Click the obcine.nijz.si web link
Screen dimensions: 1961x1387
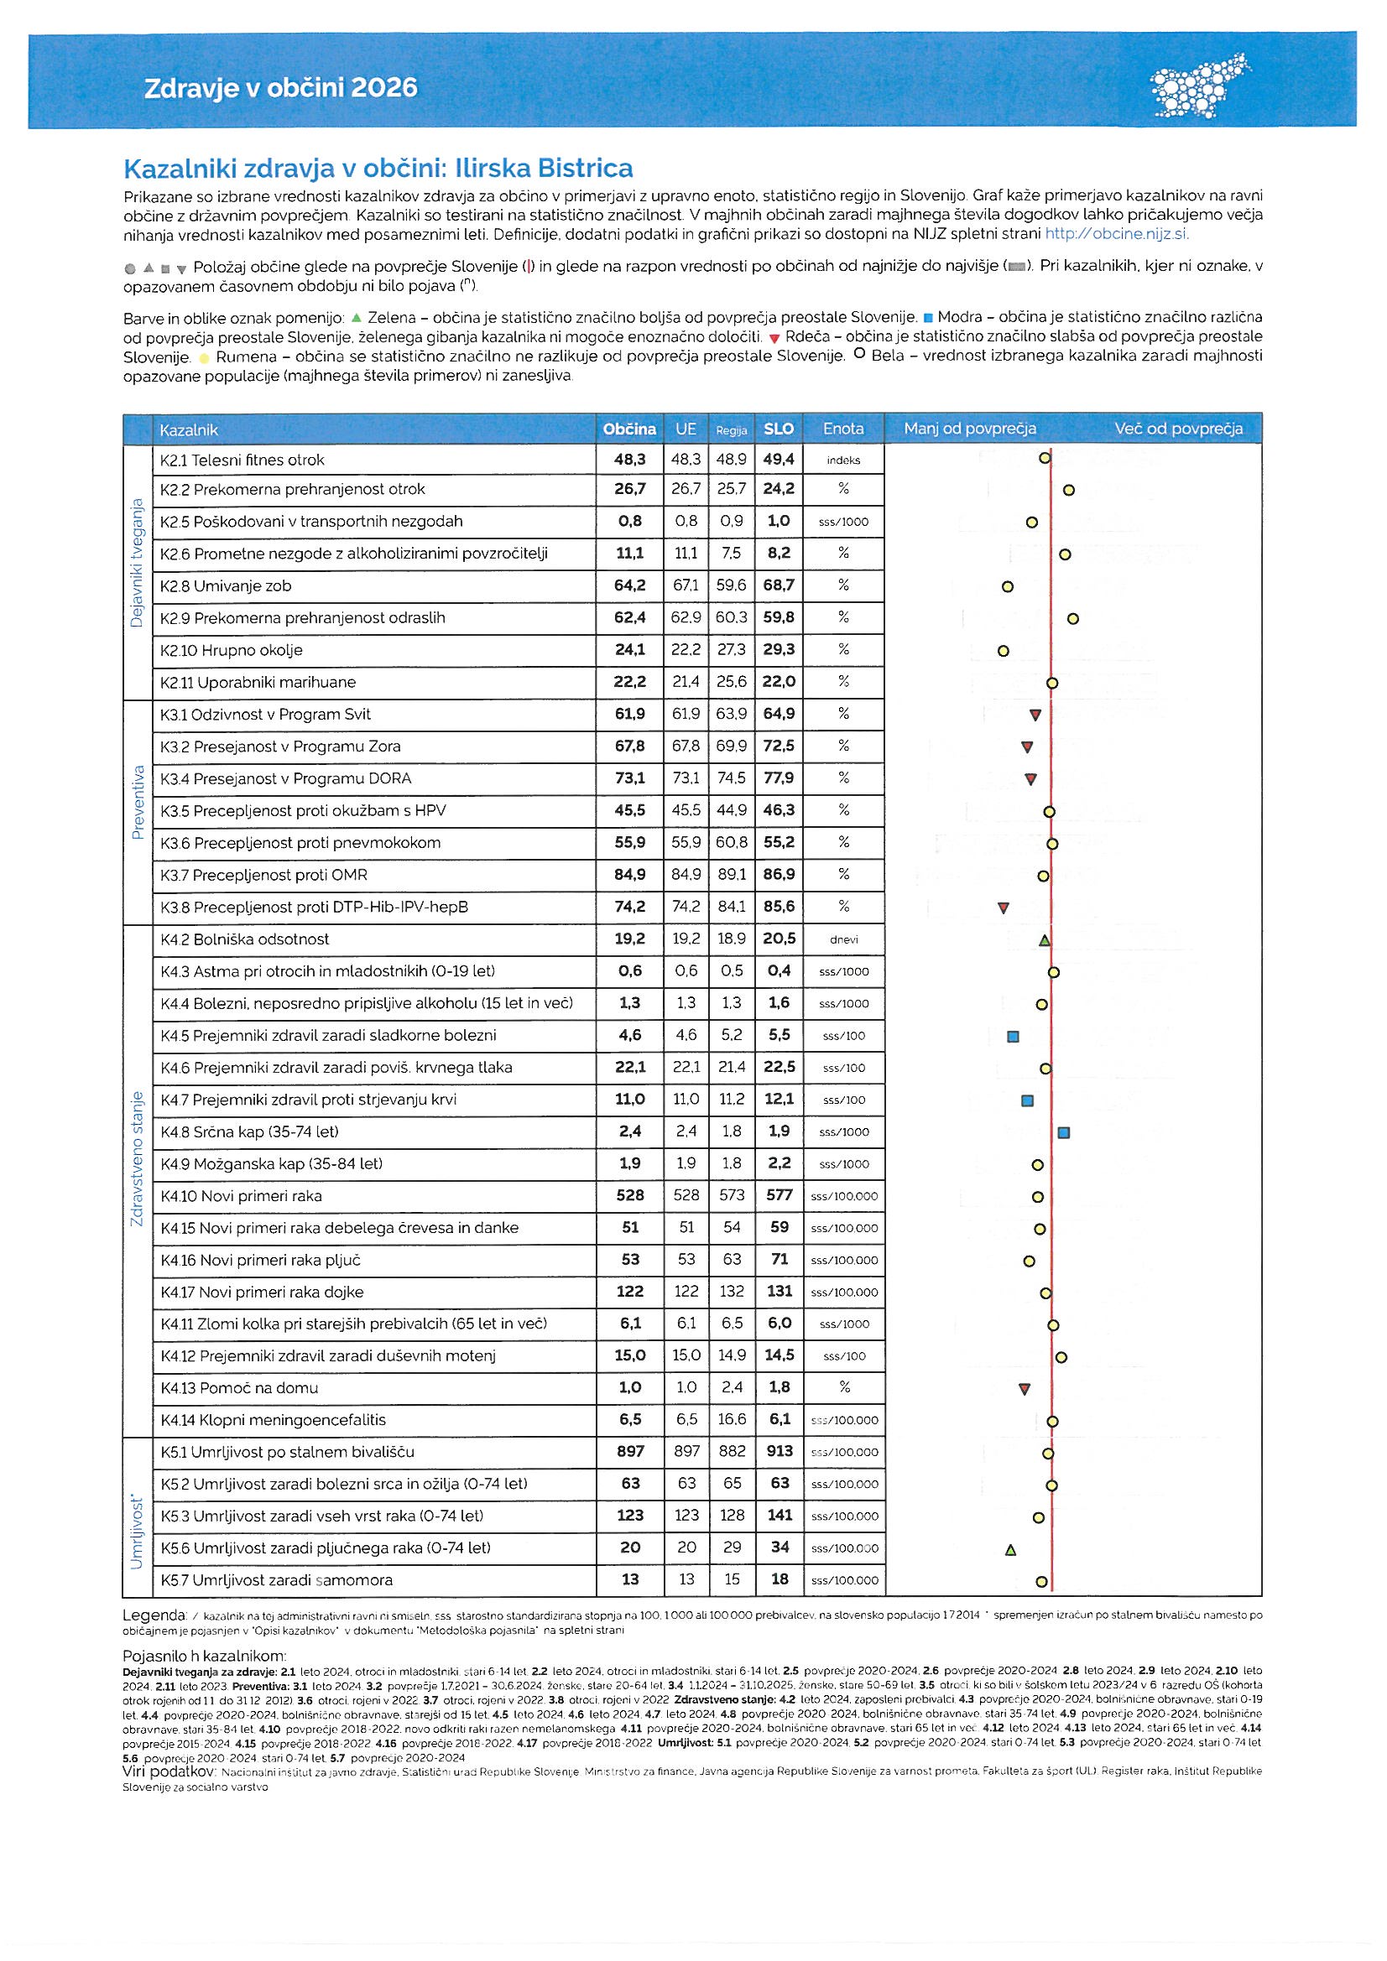pyautogui.click(x=1116, y=233)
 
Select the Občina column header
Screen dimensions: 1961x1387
pyautogui.click(x=629, y=429)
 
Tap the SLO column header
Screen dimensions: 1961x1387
pyautogui.click(x=779, y=429)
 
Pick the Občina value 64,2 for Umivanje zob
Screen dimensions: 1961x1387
pyautogui.click(x=630, y=586)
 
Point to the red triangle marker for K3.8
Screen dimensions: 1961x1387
pyautogui.click(x=1004, y=908)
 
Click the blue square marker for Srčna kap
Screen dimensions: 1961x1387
pyautogui.click(x=1064, y=1132)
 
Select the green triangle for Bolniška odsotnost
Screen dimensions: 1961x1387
pyautogui.click(x=1045, y=940)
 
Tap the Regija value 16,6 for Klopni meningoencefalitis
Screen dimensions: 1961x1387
pyautogui.click(x=732, y=1419)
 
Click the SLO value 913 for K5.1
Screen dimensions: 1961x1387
pyautogui.click(x=780, y=1451)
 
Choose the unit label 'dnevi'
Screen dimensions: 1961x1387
pyautogui.click(x=843, y=939)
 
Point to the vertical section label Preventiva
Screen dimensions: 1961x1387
pyautogui.click(x=138, y=802)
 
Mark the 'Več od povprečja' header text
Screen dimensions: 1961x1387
pyautogui.click(x=1177, y=429)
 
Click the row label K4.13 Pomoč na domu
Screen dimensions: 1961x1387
pyautogui.click(x=239, y=1388)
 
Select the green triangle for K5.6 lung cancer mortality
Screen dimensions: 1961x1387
pyautogui.click(x=1011, y=1549)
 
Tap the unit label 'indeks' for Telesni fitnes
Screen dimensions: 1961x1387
pyautogui.click(x=843, y=460)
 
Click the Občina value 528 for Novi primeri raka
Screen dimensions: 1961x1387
pyautogui.click(x=630, y=1196)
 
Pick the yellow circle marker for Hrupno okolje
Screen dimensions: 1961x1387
pyautogui.click(x=1004, y=651)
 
